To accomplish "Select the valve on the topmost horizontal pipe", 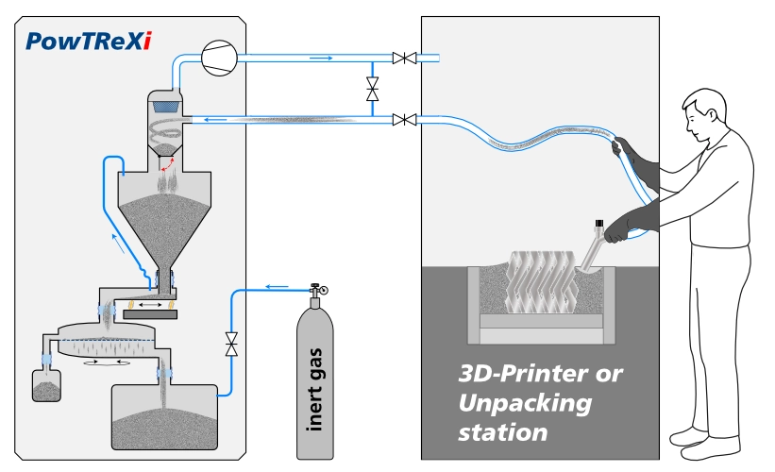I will (405, 59).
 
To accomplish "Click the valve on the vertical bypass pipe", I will (372, 90).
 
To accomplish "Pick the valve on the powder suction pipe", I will (405, 119).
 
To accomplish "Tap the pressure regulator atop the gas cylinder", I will (315, 291).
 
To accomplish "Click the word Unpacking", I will (525, 403).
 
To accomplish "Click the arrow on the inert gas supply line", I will (276, 286).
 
